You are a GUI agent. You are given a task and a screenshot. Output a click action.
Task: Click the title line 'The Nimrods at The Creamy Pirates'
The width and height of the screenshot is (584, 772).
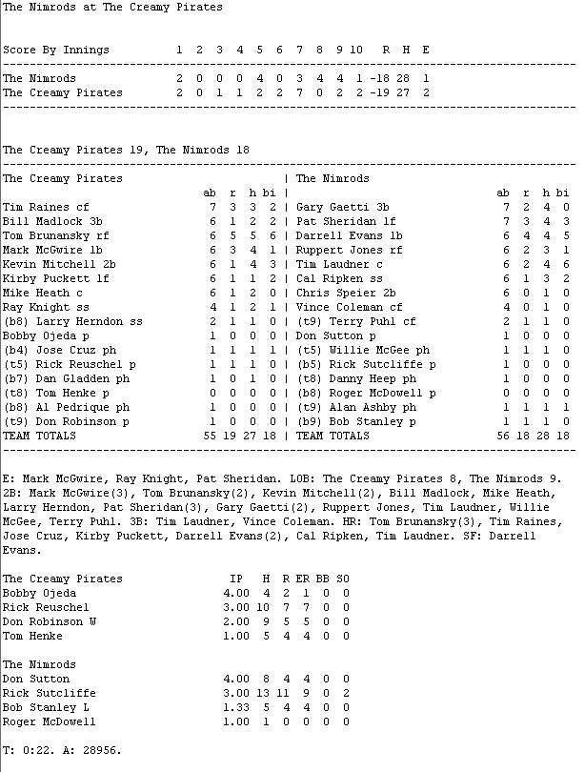coord(112,8)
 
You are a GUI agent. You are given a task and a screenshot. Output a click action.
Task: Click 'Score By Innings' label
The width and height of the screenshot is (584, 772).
coord(56,50)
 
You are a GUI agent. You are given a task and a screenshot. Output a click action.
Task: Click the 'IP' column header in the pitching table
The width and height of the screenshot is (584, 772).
coord(236,579)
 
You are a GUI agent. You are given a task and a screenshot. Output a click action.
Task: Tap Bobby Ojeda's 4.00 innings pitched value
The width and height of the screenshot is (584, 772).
coord(235,593)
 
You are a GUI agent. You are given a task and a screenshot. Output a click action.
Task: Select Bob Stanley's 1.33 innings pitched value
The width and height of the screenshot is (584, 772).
coord(235,707)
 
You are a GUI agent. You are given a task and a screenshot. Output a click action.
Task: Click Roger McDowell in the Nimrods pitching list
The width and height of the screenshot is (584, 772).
coord(50,721)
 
